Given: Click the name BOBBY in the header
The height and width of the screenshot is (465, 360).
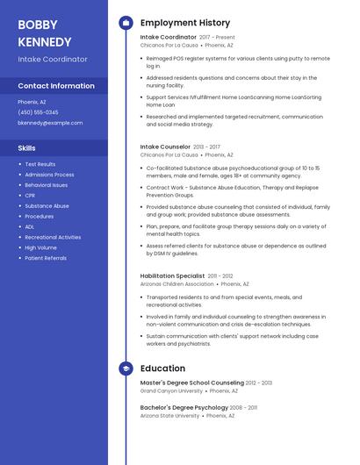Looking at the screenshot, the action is pyautogui.click(x=37, y=25).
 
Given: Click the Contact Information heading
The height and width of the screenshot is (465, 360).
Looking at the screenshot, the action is pyautogui.click(x=56, y=86).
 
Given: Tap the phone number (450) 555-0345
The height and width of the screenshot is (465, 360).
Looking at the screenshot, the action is pyautogui.click(x=38, y=112).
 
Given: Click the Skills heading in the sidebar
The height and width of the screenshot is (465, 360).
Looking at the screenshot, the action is pyautogui.click(x=27, y=148).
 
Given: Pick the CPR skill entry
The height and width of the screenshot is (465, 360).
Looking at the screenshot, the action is pyautogui.click(x=32, y=196).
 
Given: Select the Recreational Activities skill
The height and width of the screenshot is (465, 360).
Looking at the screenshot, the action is pyautogui.click(x=53, y=237).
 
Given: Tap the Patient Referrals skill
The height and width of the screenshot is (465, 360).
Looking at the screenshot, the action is pyautogui.click(x=46, y=258).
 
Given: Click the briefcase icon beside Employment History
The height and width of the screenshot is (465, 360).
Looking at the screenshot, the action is pyautogui.click(x=126, y=23).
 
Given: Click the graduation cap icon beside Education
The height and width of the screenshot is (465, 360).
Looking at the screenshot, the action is pyautogui.click(x=126, y=368).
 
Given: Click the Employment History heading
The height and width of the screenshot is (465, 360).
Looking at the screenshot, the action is pyautogui.click(x=184, y=23).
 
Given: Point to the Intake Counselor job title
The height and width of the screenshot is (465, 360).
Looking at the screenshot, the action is pyautogui.click(x=165, y=147).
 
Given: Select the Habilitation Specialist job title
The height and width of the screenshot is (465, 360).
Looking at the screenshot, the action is pyautogui.click(x=172, y=276).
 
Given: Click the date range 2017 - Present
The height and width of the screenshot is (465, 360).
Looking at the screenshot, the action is pyautogui.click(x=217, y=38).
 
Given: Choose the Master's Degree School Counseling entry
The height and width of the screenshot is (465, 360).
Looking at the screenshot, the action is pyautogui.click(x=191, y=383).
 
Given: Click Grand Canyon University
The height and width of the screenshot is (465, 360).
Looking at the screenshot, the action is pyautogui.click(x=171, y=390).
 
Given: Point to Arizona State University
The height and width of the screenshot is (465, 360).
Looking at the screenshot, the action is pyautogui.click(x=169, y=415).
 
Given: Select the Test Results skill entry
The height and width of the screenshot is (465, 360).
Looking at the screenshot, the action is pyautogui.click(x=40, y=164).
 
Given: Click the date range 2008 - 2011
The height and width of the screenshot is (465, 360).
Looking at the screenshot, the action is pyautogui.click(x=243, y=407).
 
